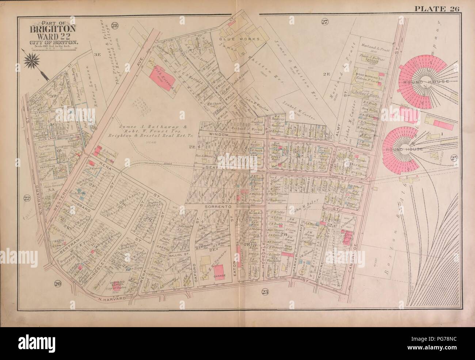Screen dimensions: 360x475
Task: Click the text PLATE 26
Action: tap(440, 9)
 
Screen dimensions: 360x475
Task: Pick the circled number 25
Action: tap(454, 158)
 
